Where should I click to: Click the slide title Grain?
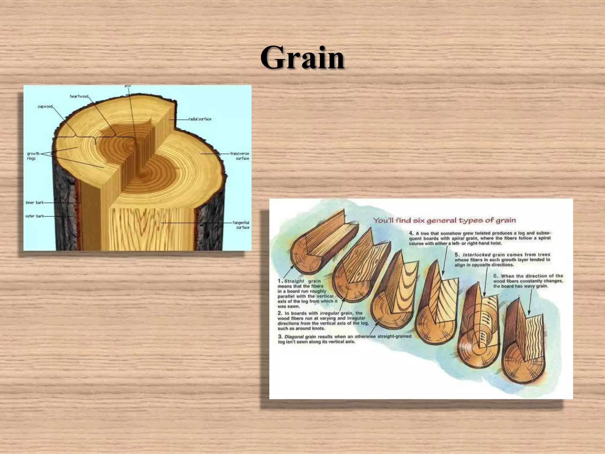pos(302,58)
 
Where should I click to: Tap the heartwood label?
pos(79,96)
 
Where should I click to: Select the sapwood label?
pos(45,106)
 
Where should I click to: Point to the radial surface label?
pos(200,119)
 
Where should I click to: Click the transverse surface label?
pos(240,156)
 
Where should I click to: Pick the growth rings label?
pos(33,156)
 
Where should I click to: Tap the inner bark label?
pos(35,202)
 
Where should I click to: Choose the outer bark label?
pos(35,216)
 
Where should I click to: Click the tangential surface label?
pos(241,225)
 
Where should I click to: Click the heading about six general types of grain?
pos(444,220)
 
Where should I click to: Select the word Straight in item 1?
pos(294,281)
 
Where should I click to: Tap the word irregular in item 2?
pos(330,313)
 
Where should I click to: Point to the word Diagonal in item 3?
pos(294,337)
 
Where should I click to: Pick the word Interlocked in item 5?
pos(476,255)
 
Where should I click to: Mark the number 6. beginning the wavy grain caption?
pos(496,276)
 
